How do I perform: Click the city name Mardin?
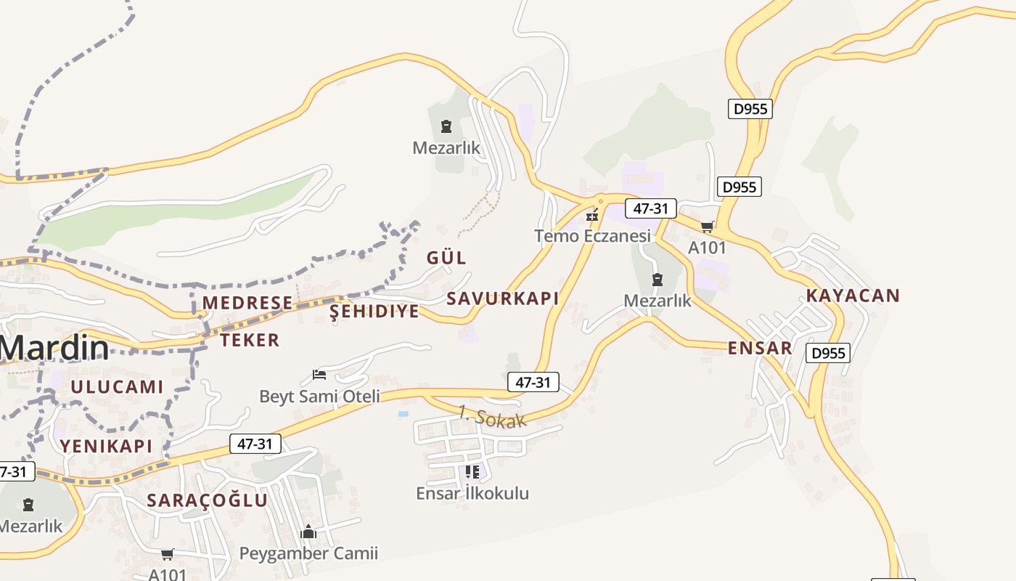click(54, 349)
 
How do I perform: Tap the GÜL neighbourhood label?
click(446, 258)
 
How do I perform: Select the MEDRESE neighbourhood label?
click(247, 303)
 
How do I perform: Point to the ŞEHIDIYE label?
click(374, 312)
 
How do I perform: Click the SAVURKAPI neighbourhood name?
click(502, 298)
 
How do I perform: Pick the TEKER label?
click(250, 340)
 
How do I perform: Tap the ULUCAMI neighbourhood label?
click(117, 387)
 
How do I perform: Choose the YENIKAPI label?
click(106, 446)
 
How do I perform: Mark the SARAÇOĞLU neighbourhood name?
click(207, 500)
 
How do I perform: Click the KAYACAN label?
click(853, 296)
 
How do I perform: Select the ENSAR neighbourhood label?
click(760, 348)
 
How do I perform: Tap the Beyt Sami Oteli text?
click(319, 397)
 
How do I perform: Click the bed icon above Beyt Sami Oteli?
click(319, 375)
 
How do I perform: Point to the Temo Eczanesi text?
click(592, 236)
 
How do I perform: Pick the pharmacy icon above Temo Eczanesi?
click(592, 214)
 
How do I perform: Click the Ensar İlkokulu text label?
click(472, 494)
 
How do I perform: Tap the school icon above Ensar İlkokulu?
click(472, 472)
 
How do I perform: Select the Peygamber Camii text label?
click(308, 553)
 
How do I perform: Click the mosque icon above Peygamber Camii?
click(308, 532)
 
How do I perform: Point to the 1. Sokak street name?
click(492, 417)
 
